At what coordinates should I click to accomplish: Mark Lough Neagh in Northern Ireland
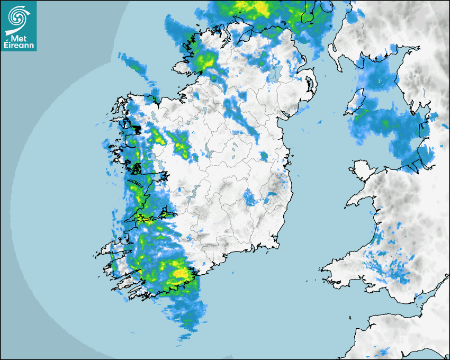pos(275,74)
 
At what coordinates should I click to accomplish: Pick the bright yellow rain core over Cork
pos(181,273)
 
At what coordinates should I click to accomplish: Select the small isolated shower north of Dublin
pos(264,156)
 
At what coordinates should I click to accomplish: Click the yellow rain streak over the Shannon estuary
pos(144,218)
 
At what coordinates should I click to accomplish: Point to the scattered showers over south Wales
pos(392,270)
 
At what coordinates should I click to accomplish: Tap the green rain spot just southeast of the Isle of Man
pos(385,123)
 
